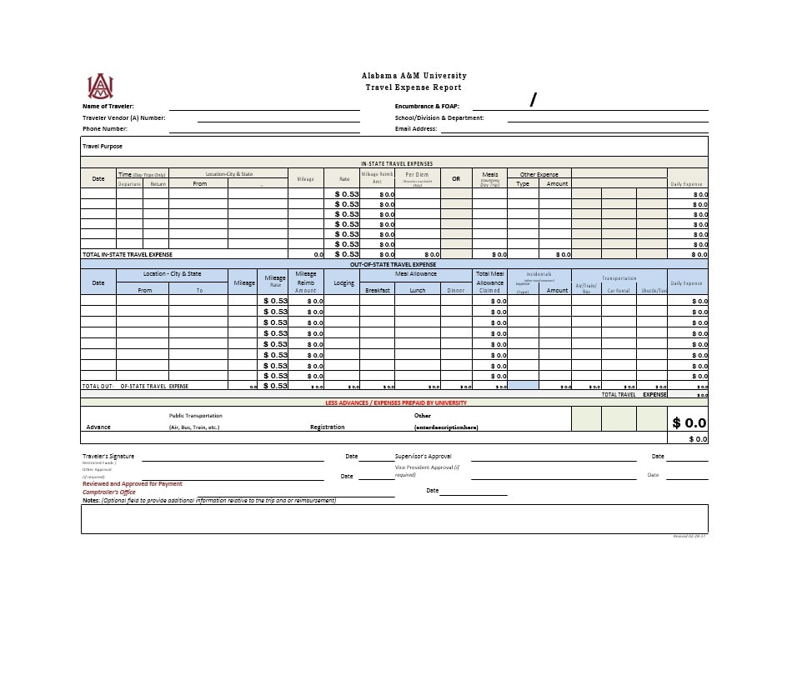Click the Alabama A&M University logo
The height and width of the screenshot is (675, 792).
click(x=100, y=86)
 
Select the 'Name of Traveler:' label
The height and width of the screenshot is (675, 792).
click(x=108, y=107)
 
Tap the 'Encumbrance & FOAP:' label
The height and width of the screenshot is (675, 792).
click(x=427, y=107)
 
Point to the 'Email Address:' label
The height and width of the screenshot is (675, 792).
click(x=416, y=129)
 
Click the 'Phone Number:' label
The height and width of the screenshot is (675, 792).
click(x=105, y=129)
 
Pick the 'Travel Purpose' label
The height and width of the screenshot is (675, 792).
click(x=103, y=147)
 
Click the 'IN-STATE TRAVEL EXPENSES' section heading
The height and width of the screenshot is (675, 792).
click(x=397, y=163)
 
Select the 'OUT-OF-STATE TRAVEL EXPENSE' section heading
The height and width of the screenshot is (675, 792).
click(x=393, y=264)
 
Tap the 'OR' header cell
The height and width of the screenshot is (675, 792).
click(x=456, y=178)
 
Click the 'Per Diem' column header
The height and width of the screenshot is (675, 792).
click(x=417, y=175)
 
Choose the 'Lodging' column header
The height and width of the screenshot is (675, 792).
click(x=344, y=283)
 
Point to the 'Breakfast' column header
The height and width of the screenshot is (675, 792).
click(x=378, y=291)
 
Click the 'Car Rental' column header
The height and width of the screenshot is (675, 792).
click(x=618, y=291)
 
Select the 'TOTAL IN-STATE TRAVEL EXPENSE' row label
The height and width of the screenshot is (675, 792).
click(x=127, y=254)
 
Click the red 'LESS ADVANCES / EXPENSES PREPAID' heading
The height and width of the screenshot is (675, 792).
click(x=396, y=402)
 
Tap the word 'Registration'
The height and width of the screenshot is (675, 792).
click(x=328, y=427)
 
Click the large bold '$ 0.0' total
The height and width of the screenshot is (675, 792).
click(x=689, y=423)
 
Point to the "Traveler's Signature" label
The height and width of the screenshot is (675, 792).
click(x=108, y=457)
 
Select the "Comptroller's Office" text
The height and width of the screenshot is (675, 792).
click(x=109, y=492)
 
